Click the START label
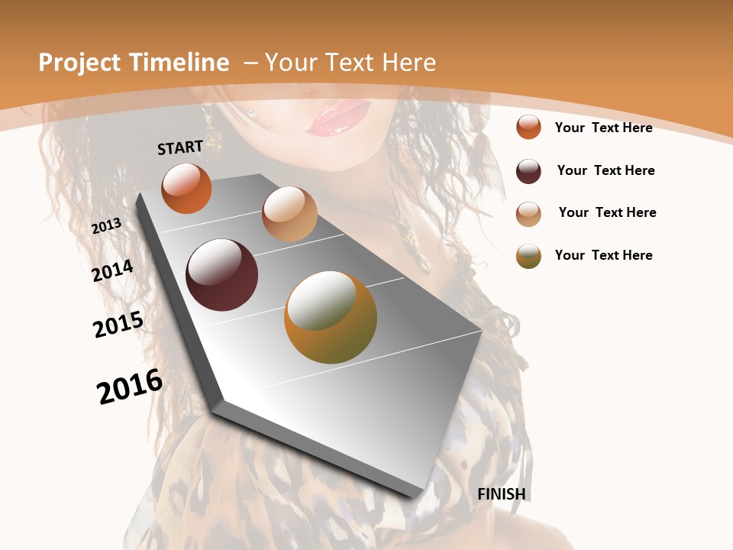(x=180, y=147)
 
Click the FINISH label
(x=502, y=494)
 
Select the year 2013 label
(x=107, y=226)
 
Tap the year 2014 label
(x=112, y=270)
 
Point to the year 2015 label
(x=118, y=324)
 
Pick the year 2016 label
(x=130, y=386)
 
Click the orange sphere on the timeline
(x=186, y=188)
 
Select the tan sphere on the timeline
(x=289, y=214)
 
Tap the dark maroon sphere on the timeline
(x=221, y=275)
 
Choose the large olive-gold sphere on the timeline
(x=330, y=317)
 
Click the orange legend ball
(x=528, y=127)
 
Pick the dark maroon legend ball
(x=528, y=171)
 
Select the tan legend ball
(x=528, y=214)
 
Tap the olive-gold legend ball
(x=528, y=256)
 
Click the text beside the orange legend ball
(x=603, y=128)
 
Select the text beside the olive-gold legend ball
(x=603, y=255)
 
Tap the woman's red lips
(x=339, y=119)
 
